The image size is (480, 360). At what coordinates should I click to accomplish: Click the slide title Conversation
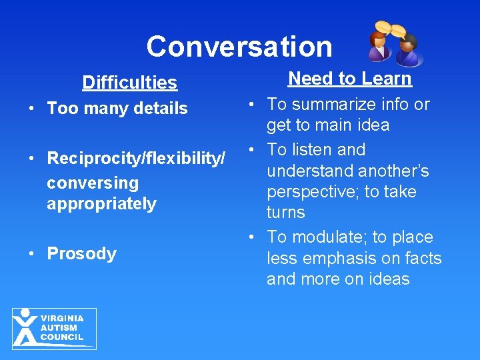coord(239,47)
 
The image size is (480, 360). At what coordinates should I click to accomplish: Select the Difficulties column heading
coord(129,83)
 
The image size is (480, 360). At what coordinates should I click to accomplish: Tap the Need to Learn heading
coord(349,79)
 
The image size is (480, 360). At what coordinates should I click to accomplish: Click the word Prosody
coord(81,254)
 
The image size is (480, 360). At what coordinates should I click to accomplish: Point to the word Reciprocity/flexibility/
coord(136,159)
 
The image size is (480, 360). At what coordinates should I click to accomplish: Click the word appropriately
coord(101,203)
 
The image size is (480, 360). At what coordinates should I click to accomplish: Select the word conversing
coord(92,183)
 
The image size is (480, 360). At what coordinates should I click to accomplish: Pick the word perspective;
coord(313,192)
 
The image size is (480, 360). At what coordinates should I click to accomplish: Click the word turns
coord(285,213)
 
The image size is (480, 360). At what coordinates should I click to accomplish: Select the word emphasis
coord(341,258)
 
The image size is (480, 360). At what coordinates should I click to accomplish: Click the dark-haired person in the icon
coord(408,51)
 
